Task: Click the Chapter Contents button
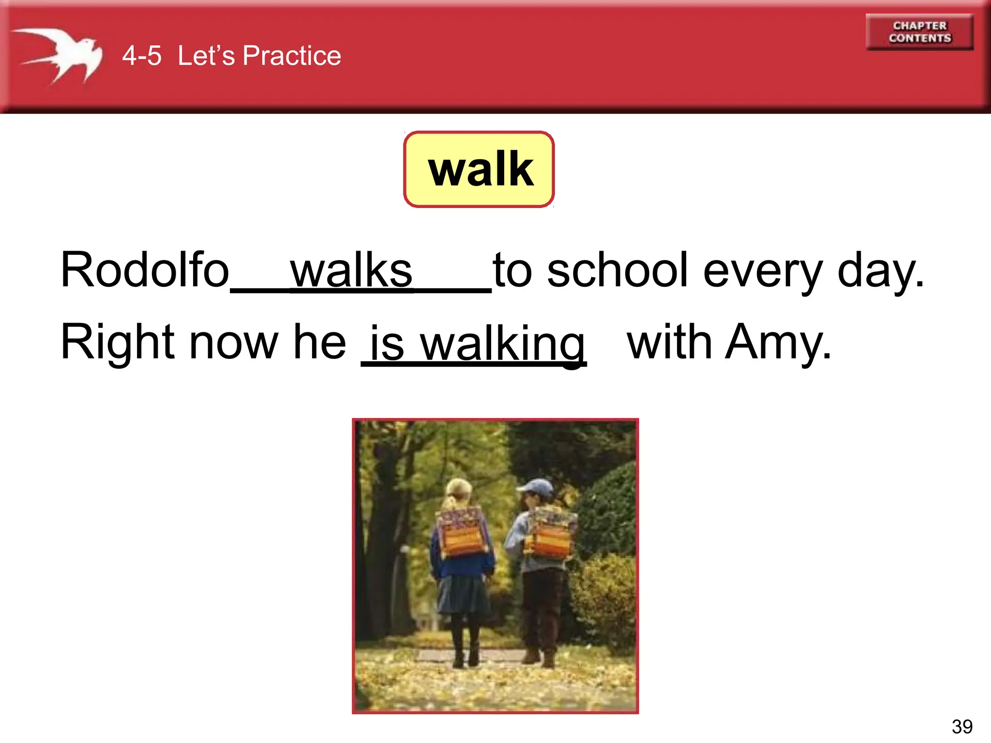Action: point(919,32)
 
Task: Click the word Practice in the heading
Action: point(292,56)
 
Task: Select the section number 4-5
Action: point(141,56)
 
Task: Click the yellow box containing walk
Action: point(479,169)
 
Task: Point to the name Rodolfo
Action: point(144,270)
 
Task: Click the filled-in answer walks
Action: point(351,271)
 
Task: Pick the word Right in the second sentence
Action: point(118,342)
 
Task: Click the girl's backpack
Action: point(462,532)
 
